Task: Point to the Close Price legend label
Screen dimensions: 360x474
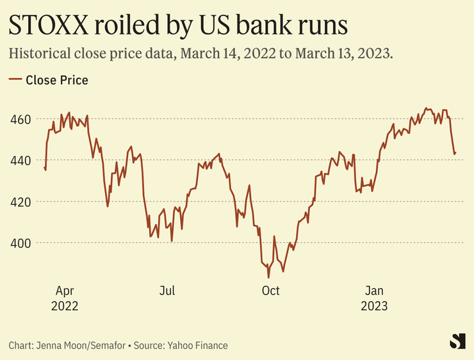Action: click(57, 80)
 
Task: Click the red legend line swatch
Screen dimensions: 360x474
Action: click(15, 80)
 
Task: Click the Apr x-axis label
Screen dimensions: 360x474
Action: click(64, 291)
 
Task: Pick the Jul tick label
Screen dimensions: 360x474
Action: click(167, 291)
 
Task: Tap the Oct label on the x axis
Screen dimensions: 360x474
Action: click(271, 291)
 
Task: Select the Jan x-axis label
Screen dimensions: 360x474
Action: click(374, 291)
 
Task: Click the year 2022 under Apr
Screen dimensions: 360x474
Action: click(64, 306)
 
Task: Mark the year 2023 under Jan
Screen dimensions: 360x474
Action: click(374, 306)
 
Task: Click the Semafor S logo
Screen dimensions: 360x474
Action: click(457, 341)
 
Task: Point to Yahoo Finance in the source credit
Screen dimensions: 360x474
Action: click(197, 345)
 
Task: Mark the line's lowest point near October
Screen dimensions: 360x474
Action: click(268, 277)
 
